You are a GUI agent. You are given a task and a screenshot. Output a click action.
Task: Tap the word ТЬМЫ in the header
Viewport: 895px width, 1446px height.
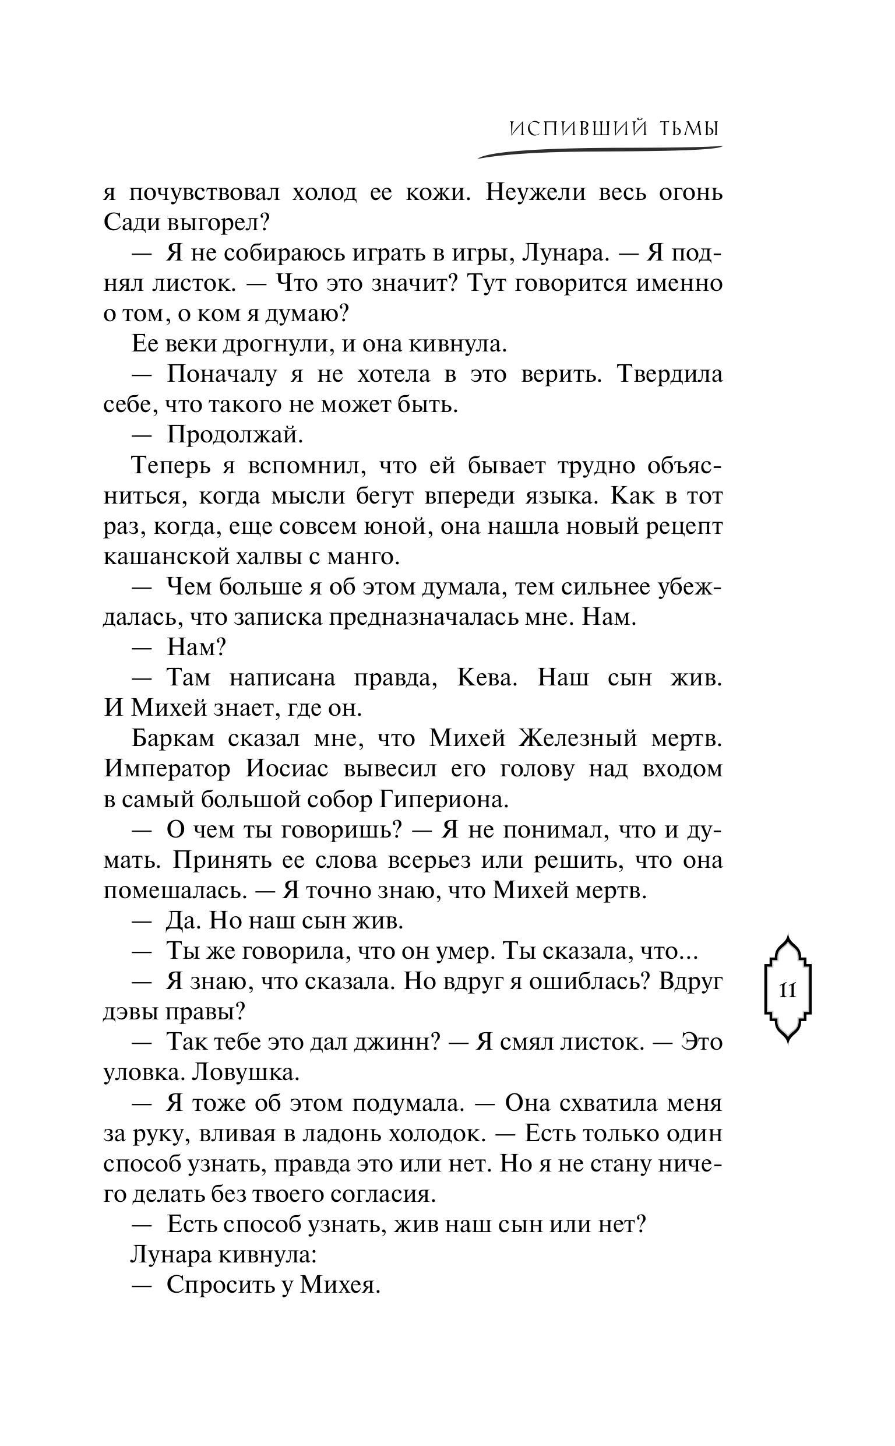(x=688, y=129)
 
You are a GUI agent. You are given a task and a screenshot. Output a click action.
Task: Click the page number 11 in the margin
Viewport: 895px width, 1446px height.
(x=787, y=990)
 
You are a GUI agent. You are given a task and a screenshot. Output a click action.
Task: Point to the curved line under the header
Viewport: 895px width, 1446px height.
(x=599, y=153)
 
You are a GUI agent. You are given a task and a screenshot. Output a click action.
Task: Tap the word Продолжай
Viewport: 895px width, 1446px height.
(x=234, y=435)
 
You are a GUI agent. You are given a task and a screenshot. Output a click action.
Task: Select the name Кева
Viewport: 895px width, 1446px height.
(x=487, y=678)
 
